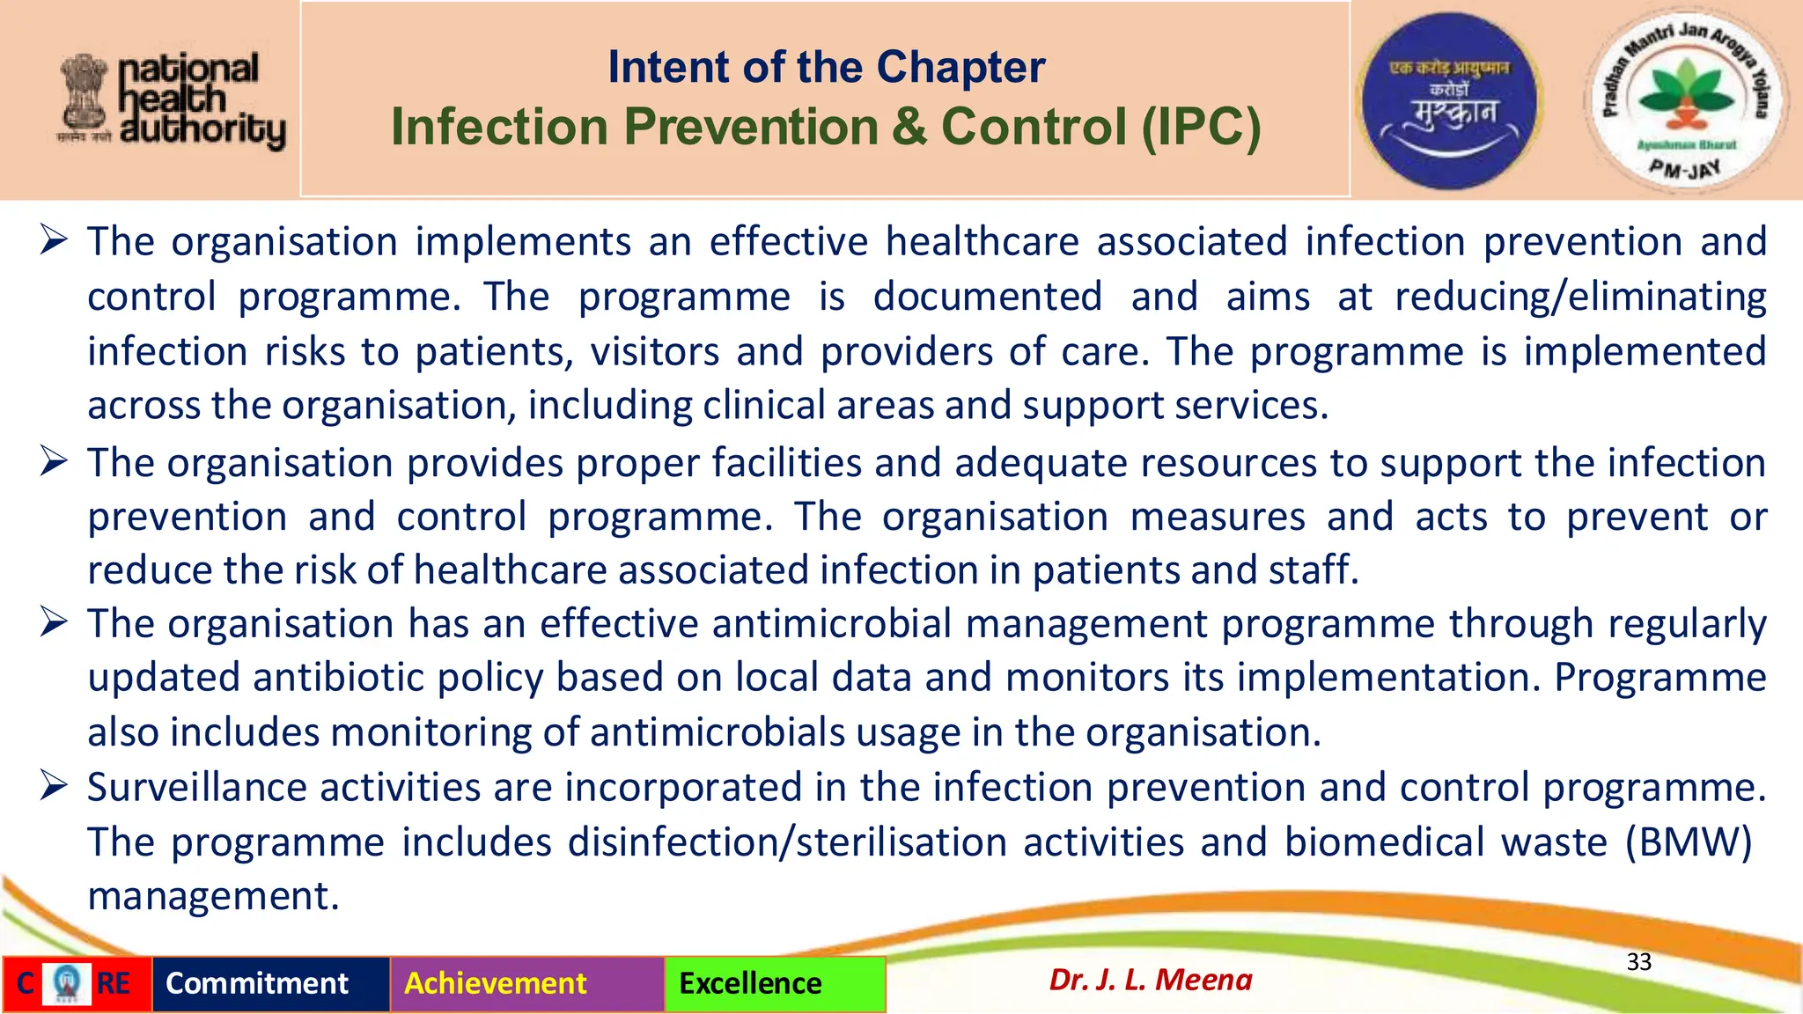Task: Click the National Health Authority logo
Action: point(173,101)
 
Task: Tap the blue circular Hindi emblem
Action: point(1449,100)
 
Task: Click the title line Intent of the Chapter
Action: point(826,68)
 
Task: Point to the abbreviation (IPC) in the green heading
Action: point(1201,127)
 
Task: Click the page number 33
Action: point(1638,962)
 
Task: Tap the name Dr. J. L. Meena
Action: point(1150,980)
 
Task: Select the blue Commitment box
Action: point(270,984)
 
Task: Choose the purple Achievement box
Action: point(526,984)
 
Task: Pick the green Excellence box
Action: point(774,984)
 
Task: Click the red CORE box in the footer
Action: point(76,984)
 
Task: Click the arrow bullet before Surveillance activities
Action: point(54,785)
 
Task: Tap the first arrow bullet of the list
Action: point(54,239)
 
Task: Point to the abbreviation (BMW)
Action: point(1688,842)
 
